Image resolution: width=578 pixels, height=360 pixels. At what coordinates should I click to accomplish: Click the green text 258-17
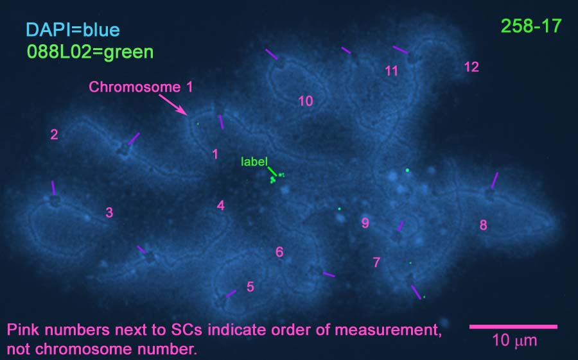click(x=531, y=26)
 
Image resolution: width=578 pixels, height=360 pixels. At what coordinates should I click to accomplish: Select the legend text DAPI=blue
click(x=73, y=30)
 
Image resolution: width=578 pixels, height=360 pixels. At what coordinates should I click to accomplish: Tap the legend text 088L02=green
click(x=91, y=52)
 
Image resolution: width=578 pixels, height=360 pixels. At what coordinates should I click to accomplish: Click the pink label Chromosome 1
click(x=141, y=87)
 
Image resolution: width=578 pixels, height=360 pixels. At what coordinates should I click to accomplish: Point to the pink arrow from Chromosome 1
click(x=173, y=105)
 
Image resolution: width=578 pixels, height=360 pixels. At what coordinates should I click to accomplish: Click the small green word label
click(x=254, y=162)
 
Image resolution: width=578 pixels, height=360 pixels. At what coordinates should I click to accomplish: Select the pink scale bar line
click(x=513, y=327)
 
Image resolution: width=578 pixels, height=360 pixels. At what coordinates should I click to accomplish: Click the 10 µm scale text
click(x=514, y=341)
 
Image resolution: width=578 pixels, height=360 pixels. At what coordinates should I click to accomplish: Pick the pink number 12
click(x=471, y=67)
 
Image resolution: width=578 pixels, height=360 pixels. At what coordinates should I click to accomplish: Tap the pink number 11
click(x=392, y=71)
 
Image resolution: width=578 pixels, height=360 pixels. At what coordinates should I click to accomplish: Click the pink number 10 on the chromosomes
click(x=306, y=101)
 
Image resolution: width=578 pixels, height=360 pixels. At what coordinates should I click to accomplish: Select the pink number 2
click(x=54, y=135)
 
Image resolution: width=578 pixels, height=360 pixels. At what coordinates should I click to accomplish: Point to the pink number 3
click(x=109, y=212)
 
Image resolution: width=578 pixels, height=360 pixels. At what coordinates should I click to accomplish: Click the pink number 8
click(x=483, y=225)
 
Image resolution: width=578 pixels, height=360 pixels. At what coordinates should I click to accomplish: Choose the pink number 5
click(x=250, y=287)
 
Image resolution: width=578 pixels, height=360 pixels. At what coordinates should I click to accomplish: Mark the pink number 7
click(x=376, y=262)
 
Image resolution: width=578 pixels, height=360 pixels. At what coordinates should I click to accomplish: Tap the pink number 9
click(x=365, y=223)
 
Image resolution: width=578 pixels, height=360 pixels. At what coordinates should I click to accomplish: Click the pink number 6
click(x=279, y=252)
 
